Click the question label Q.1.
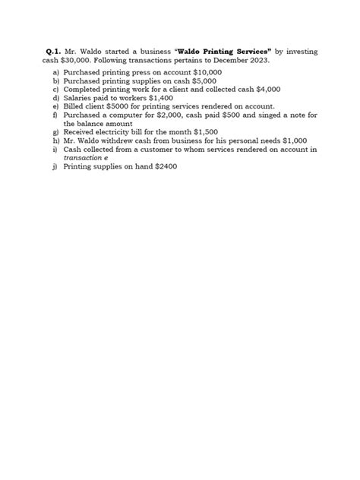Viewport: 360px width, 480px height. pos(53,50)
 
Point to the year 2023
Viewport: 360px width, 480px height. pos(250,59)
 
